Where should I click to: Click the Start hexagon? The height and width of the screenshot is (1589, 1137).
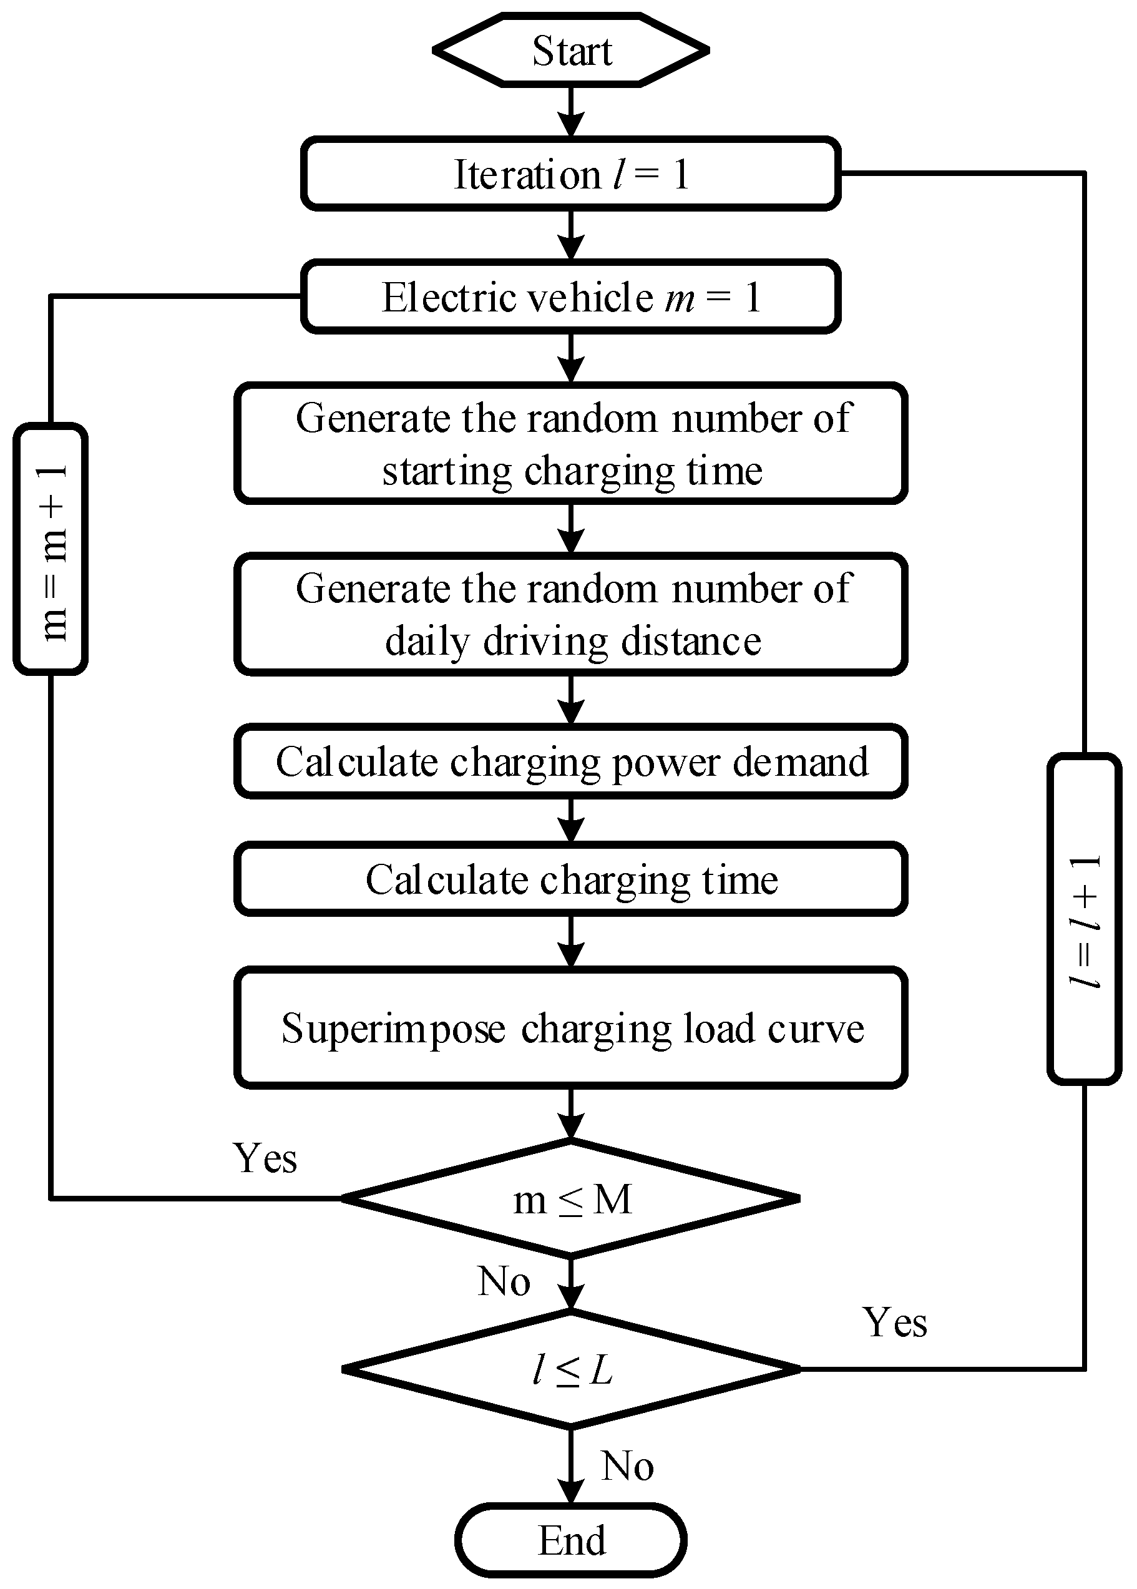click(x=571, y=51)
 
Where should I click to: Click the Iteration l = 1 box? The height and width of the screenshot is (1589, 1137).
click(x=571, y=174)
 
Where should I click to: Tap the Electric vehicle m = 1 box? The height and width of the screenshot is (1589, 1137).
click(x=571, y=297)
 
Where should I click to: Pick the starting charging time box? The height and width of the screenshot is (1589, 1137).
click(x=571, y=444)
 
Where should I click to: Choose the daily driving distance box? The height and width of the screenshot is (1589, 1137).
click(x=571, y=615)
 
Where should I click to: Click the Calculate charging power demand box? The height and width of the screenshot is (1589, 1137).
click(x=571, y=761)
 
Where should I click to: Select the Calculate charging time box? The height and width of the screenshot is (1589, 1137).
click(x=571, y=880)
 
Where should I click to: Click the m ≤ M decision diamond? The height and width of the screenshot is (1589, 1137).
click(x=571, y=1199)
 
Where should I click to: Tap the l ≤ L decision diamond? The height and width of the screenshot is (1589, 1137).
click(x=571, y=1369)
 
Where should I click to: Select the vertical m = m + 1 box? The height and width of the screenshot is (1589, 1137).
click(x=51, y=549)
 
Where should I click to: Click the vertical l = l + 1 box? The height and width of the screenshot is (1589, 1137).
click(x=1085, y=919)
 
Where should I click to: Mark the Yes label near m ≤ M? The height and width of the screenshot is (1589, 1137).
click(x=265, y=1158)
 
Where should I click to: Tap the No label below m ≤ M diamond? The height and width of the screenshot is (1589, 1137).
click(x=504, y=1282)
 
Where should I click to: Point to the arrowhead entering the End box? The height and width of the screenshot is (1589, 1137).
click(x=571, y=1490)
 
